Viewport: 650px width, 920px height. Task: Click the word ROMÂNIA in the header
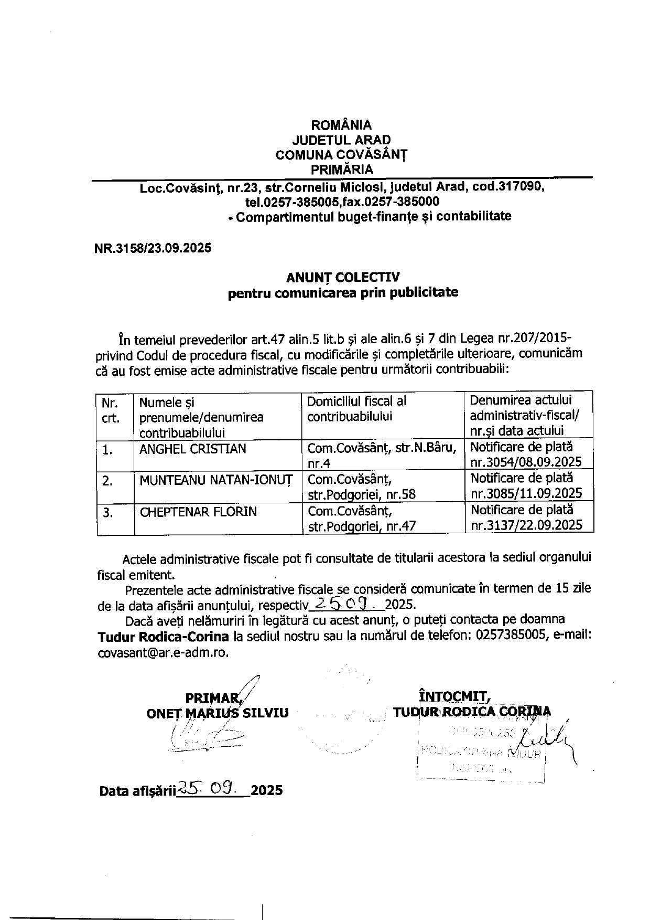click(341, 125)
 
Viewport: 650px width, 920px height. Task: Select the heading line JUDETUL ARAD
click(341, 140)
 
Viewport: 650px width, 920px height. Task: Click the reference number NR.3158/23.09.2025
click(153, 248)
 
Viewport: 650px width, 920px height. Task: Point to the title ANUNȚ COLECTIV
click(342, 277)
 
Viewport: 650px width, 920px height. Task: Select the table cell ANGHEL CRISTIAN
click(193, 449)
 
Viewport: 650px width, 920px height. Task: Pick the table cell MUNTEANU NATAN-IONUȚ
click(216, 480)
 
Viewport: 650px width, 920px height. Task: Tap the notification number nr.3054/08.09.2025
click(526, 462)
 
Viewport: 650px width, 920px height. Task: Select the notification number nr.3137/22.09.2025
click(526, 525)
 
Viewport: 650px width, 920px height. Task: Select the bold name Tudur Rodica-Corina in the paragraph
click(163, 637)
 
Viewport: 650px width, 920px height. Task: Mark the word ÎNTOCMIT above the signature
click(454, 696)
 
